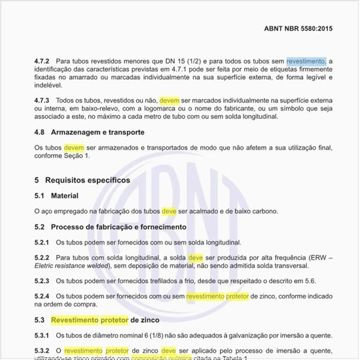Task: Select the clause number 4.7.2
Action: click(43, 62)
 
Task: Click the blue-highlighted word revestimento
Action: click(305, 62)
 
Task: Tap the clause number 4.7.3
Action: click(43, 100)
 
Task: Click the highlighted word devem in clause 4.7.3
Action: click(169, 100)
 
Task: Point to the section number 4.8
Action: click(39, 132)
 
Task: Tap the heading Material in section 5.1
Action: click(64, 196)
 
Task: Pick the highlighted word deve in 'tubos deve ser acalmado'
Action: click(169, 211)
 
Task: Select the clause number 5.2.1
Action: click(43, 242)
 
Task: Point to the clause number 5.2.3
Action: click(43, 281)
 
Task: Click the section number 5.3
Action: click(39, 320)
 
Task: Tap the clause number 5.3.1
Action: click(43, 335)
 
